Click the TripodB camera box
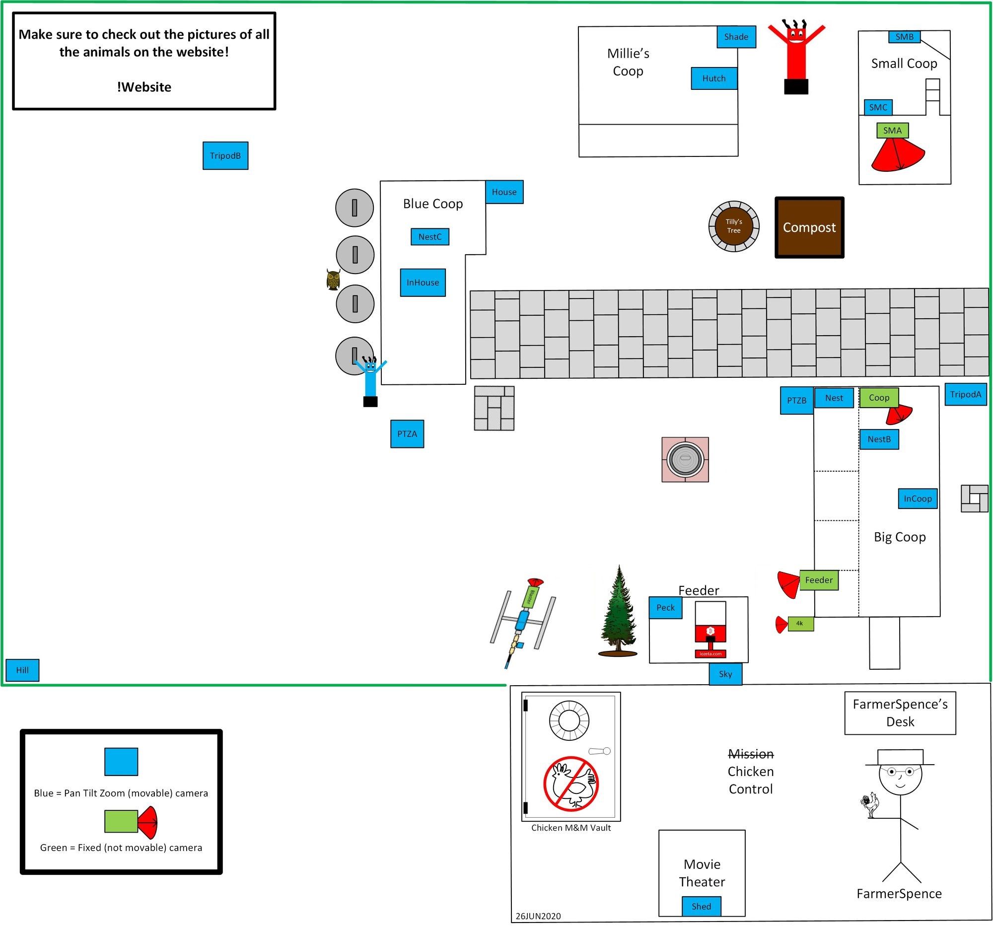point(225,156)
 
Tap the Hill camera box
point(22,670)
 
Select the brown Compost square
point(809,228)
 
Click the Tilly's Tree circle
point(734,226)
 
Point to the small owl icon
point(333,280)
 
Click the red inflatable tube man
point(796,55)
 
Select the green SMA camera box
point(892,131)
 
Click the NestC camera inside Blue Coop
point(429,237)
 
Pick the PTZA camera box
point(407,434)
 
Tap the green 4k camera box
point(801,624)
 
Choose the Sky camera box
point(725,674)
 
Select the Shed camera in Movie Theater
point(701,906)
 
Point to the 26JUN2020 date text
point(538,916)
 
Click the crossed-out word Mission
point(750,754)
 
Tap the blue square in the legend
point(121,762)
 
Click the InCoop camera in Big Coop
point(918,499)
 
